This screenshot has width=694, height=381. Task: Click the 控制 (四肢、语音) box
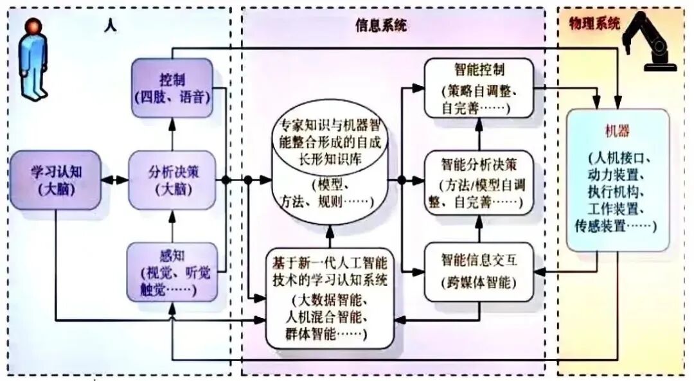[x=172, y=88]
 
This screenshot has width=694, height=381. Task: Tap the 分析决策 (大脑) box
[x=172, y=181]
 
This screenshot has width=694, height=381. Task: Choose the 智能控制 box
[x=479, y=88]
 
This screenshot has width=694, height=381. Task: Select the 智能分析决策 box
[x=479, y=182]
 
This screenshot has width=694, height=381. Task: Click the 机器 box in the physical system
[x=618, y=180]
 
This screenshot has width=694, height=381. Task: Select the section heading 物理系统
[x=594, y=24]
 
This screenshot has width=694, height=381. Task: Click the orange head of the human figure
[x=33, y=27]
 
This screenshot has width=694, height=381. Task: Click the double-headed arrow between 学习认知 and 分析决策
[x=114, y=181]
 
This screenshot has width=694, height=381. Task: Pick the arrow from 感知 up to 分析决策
[x=172, y=226]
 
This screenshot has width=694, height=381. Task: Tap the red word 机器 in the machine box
[x=617, y=131]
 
